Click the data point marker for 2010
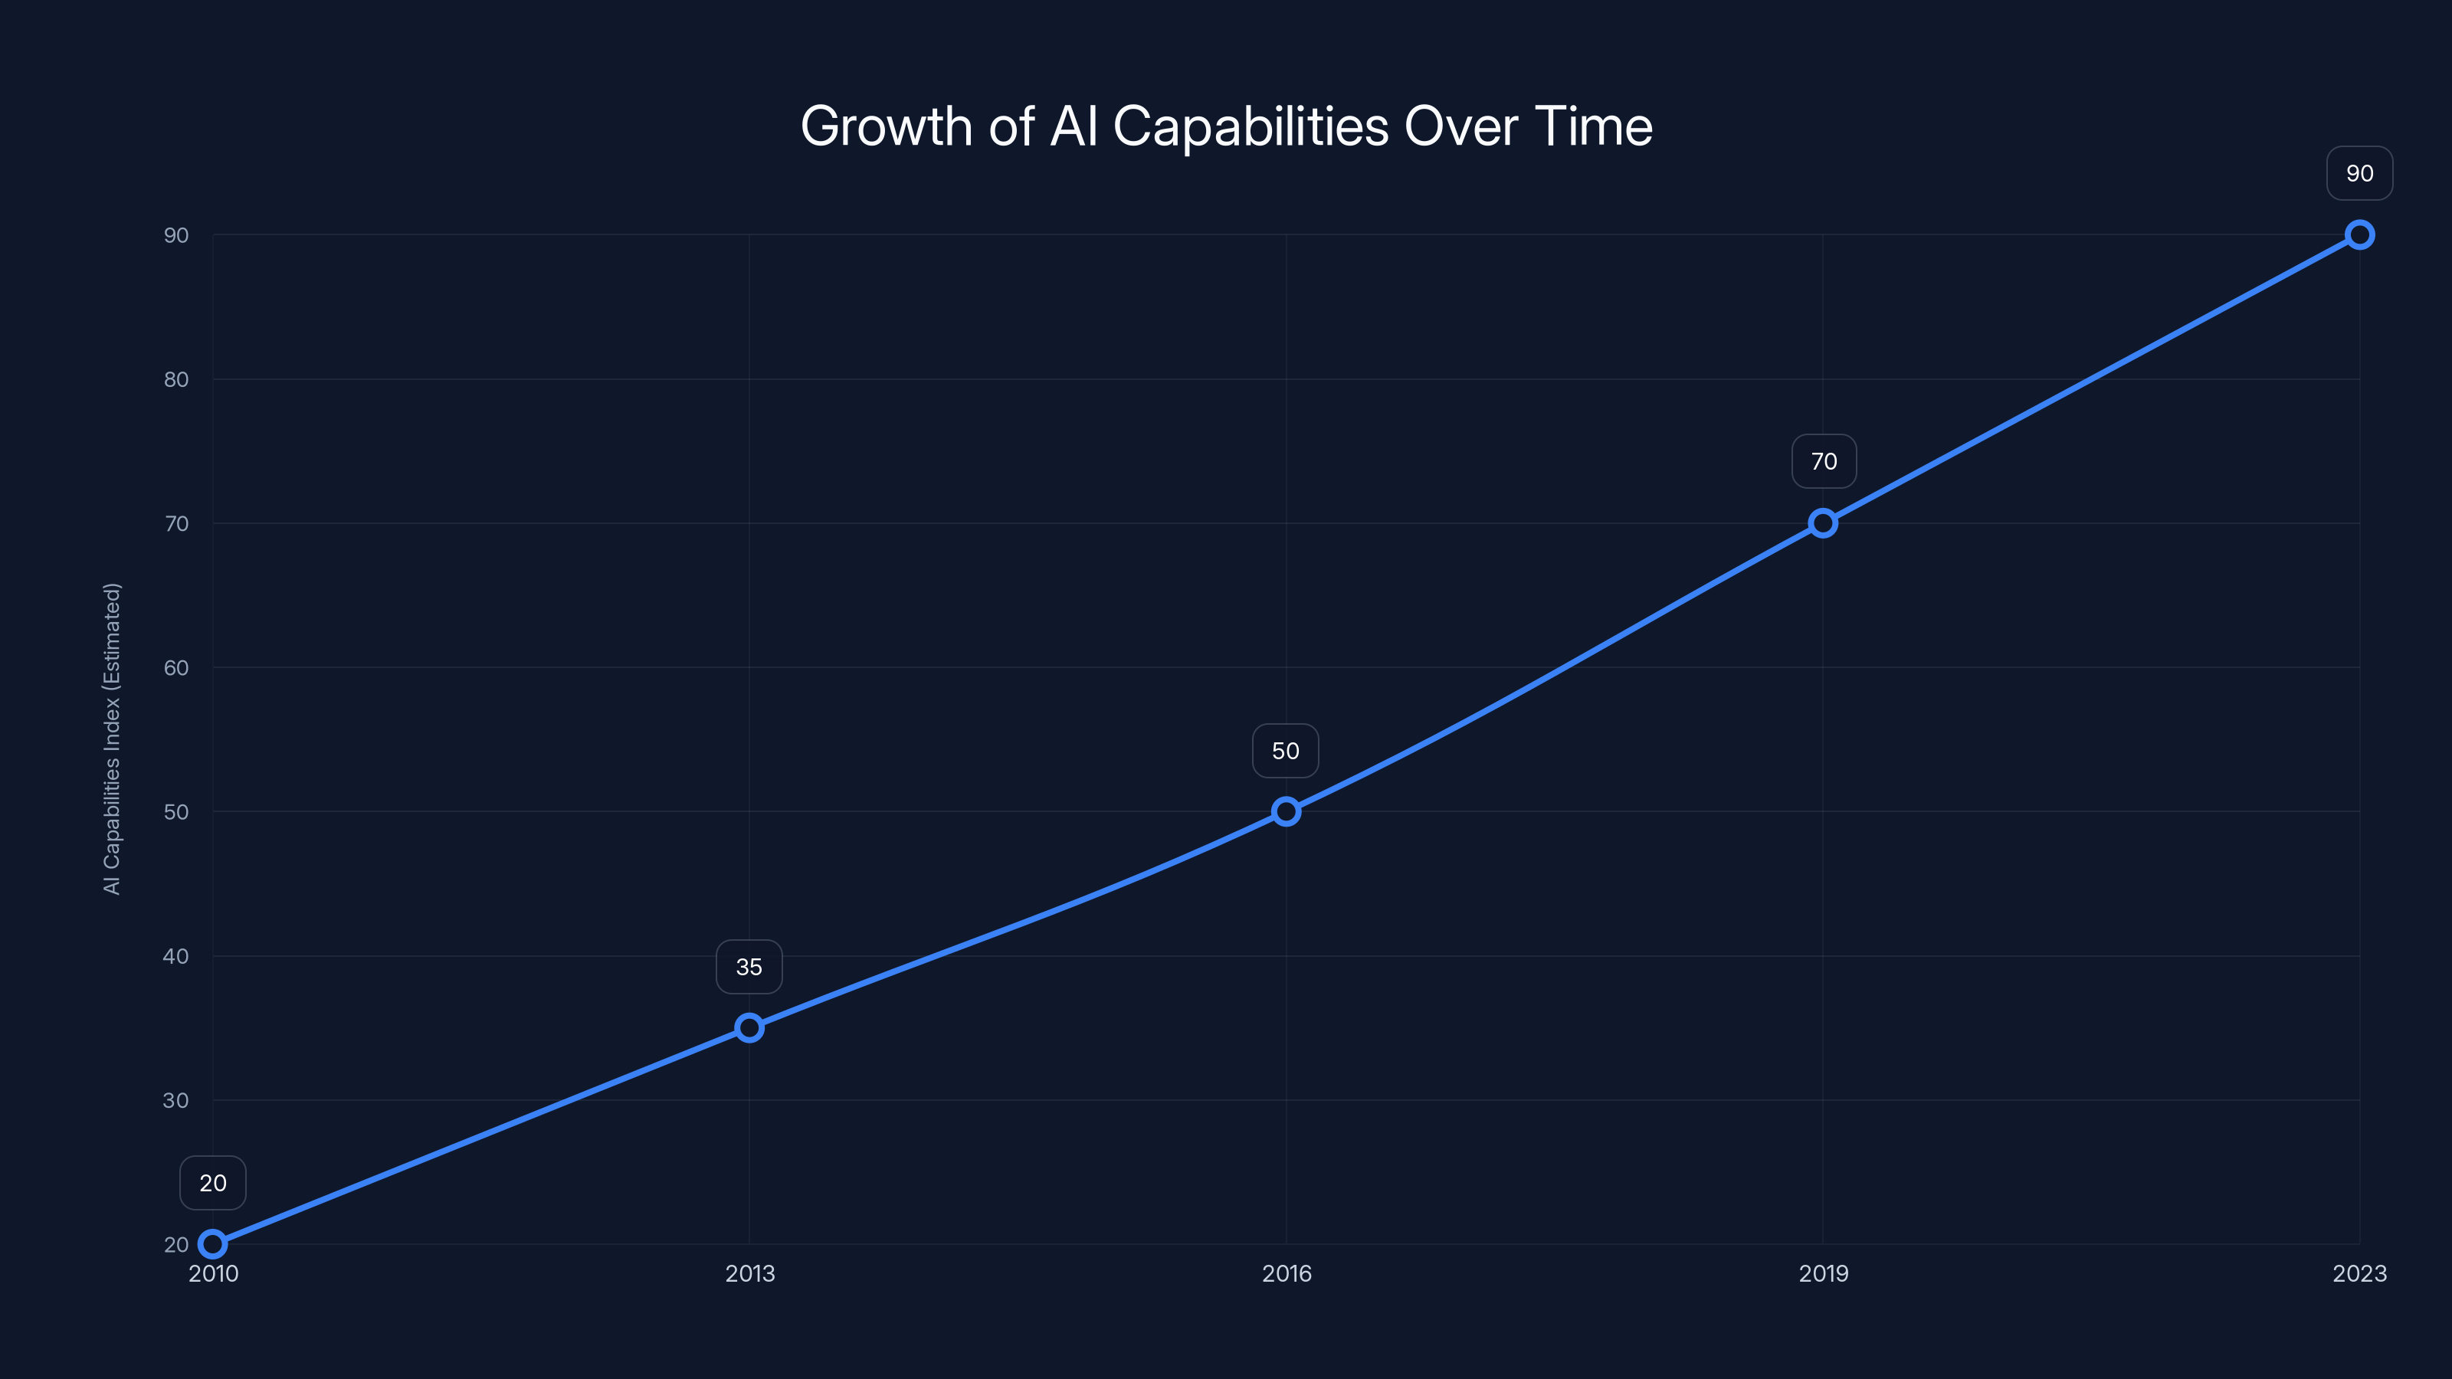(213, 1244)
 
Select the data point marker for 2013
(749, 1028)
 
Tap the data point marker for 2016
(1286, 812)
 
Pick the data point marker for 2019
(1823, 523)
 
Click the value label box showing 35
(749, 967)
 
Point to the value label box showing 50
(1286, 751)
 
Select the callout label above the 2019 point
(1824, 461)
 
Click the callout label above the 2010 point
(213, 1183)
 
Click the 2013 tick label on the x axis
(750, 1273)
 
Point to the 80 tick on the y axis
(176, 380)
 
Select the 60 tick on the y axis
(176, 668)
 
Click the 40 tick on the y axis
(176, 956)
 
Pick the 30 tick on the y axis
(176, 1100)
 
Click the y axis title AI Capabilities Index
(113, 739)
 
